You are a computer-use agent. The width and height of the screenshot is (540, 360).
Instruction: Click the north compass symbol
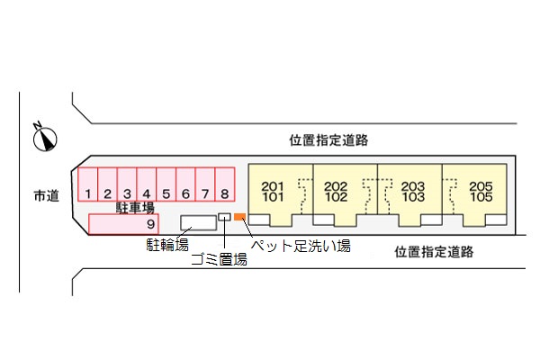(45, 138)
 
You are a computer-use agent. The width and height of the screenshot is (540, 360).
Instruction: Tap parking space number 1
(88, 184)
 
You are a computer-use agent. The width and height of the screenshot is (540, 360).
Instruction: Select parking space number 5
(166, 184)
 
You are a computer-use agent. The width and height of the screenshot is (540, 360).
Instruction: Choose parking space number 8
(225, 184)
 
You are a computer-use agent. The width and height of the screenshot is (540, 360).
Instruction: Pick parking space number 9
(123, 224)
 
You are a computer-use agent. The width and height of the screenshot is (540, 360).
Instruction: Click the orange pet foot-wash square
(239, 217)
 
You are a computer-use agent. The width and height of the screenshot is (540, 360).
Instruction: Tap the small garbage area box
(224, 217)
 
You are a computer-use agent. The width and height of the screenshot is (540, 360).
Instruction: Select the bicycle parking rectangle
(199, 223)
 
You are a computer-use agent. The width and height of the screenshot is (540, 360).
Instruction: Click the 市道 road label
(47, 195)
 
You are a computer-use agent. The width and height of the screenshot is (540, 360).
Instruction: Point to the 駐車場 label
(135, 208)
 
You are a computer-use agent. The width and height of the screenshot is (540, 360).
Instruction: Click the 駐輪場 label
(167, 245)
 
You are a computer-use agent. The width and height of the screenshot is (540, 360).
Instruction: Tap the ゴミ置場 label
(219, 259)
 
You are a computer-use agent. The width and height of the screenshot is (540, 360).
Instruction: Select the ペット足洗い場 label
(301, 246)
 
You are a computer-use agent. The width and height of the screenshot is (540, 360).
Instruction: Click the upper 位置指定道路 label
(328, 140)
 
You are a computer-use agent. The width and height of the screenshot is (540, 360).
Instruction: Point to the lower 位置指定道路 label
(434, 252)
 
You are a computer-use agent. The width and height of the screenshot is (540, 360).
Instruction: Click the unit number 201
(273, 186)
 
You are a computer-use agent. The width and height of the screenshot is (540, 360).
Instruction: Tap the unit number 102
(336, 197)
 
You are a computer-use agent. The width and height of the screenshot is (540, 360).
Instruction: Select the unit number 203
(413, 186)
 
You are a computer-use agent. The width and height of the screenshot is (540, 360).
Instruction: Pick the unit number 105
(481, 197)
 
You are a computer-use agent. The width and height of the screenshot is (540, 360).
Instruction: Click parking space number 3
(127, 184)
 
